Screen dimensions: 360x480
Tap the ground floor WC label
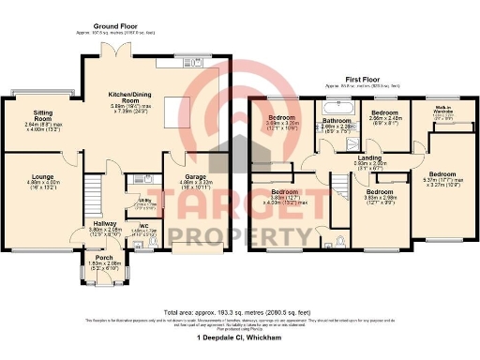coord(143,225)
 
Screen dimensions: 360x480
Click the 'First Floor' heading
coord(361,79)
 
